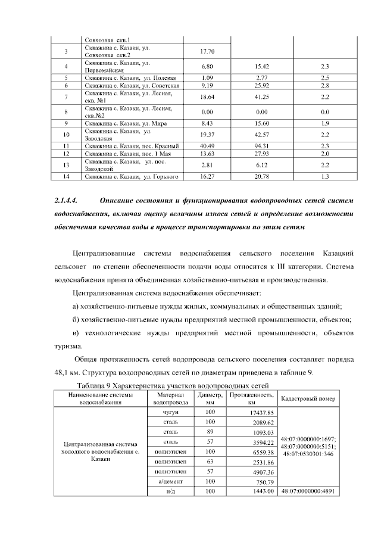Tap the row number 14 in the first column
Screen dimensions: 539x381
tap(67, 176)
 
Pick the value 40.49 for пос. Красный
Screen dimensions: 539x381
tap(207, 145)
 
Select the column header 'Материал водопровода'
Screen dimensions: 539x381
tap(171, 398)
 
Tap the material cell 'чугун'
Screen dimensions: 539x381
tap(171, 412)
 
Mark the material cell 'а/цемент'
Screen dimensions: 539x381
tap(171, 481)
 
